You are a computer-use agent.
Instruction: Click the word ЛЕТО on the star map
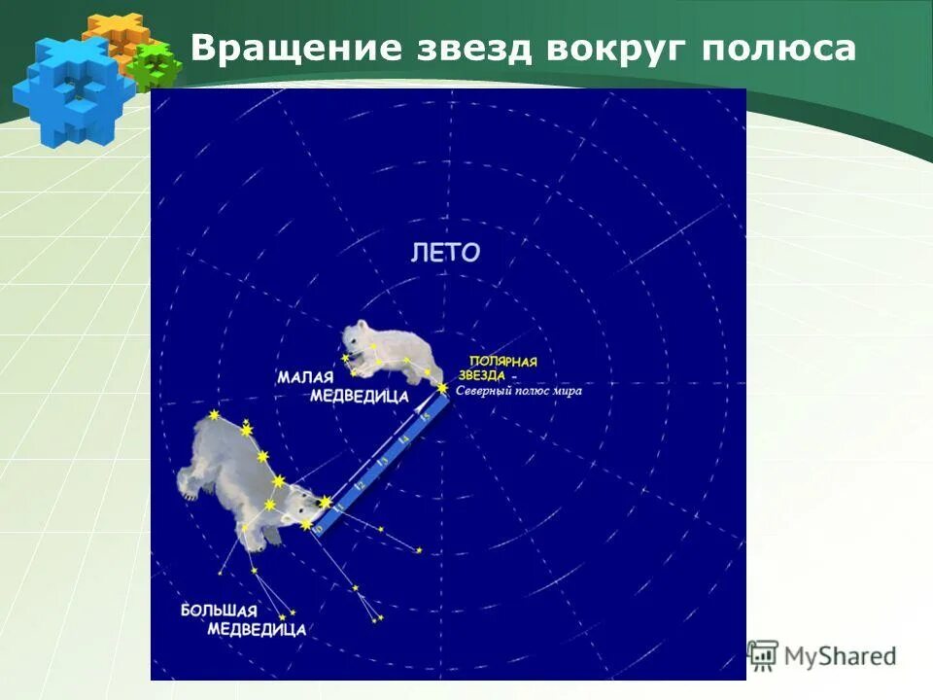coord(445,254)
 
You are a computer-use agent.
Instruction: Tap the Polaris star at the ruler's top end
coord(443,389)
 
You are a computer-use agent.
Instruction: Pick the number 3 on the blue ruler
coord(382,463)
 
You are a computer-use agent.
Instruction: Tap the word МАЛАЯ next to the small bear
coord(304,376)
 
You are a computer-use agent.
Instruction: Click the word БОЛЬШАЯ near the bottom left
coord(220,611)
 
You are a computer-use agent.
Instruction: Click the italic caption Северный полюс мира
coord(519,392)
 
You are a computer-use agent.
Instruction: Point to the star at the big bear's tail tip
coord(214,416)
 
